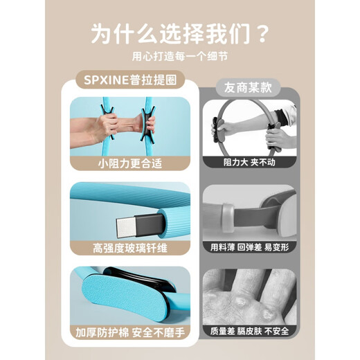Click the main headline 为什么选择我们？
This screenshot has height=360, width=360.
tap(179, 33)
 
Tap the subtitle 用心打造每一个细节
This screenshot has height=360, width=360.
tap(179, 57)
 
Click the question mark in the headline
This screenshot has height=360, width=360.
tap(262, 33)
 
